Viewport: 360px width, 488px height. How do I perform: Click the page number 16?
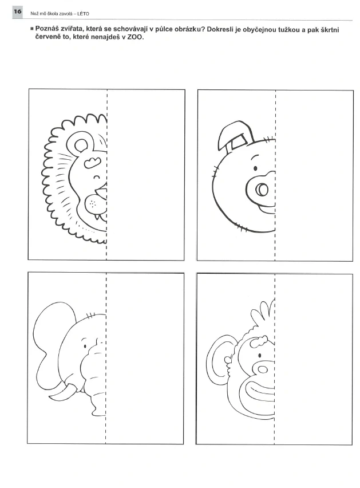pyautogui.click(x=17, y=11)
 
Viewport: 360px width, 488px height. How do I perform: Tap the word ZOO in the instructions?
pyautogui.click(x=135, y=37)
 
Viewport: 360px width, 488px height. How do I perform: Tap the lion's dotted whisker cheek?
pyautogui.click(x=93, y=204)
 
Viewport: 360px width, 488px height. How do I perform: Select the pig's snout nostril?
pyautogui.click(x=262, y=189)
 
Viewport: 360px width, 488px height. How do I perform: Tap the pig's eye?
pyautogui.click(x=255, y=168)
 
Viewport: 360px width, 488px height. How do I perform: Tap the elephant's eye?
pyautogui.click(x=85, y=346)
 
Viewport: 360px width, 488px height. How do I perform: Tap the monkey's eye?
pyautogui.click(x=260, y=355)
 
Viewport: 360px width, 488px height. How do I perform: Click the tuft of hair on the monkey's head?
pyautogui.click(x=264, y=312)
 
